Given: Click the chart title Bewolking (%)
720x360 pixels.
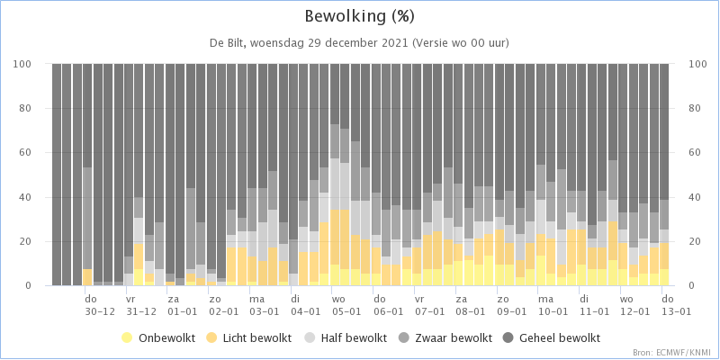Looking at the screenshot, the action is (360, 17).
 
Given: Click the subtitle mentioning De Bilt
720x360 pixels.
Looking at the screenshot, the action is (359, 43).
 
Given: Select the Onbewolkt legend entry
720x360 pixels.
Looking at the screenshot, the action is (158, 338).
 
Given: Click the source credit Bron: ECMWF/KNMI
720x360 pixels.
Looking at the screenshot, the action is (674, 353).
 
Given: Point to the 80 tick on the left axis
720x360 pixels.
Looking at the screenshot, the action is (39, 108).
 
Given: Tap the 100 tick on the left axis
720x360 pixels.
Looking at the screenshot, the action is (37, 64).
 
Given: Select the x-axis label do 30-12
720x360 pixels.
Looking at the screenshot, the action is (100, 304).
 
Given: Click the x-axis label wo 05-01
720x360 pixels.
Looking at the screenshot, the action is (346, 304).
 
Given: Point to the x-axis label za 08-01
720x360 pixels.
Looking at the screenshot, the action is (470, 304).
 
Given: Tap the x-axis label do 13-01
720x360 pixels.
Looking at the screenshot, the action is (676, 304).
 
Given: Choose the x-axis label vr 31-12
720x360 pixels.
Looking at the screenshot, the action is (141, 304).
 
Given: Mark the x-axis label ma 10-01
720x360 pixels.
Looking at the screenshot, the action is (553, 304).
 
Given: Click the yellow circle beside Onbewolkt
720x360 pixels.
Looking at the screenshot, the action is (127, 338).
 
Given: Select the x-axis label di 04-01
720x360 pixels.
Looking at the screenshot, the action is (305, 304).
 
